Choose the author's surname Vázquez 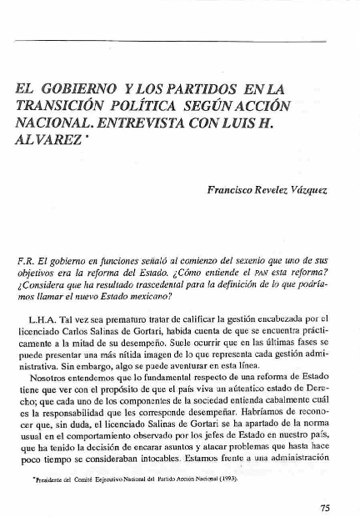[309, 191]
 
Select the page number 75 [326, 506]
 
